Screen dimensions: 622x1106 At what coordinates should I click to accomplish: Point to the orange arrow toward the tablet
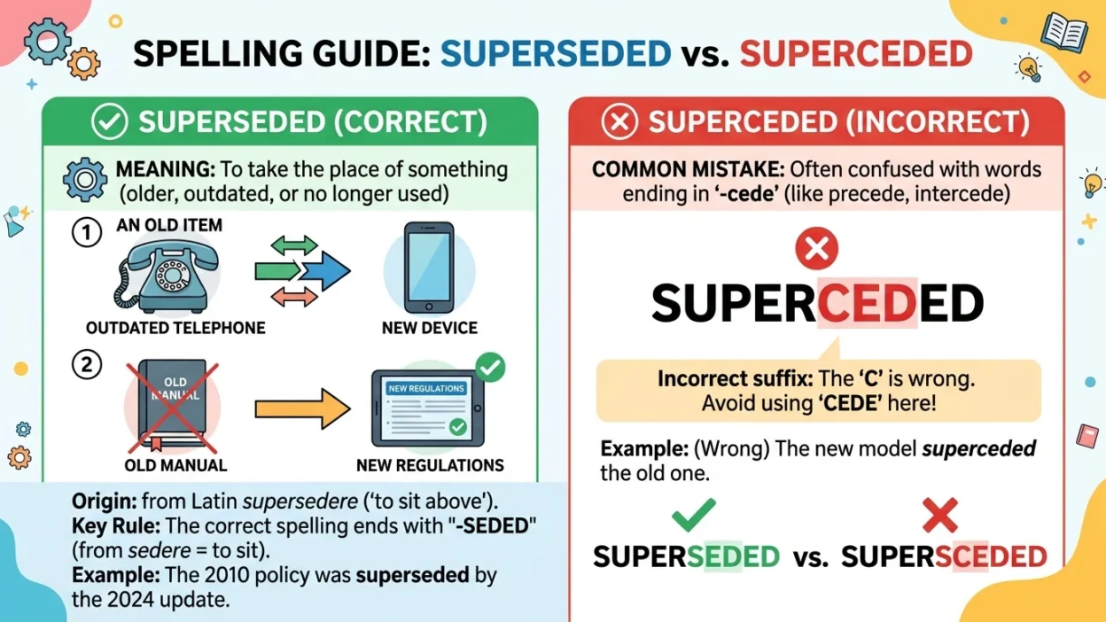(302, 408)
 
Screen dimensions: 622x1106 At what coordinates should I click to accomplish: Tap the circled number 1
(86, 234)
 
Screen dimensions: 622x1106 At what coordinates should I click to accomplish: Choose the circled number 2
(86, 364)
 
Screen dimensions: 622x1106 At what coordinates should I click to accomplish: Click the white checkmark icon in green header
(110, 122)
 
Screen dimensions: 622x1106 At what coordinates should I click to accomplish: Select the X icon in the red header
(619, 122)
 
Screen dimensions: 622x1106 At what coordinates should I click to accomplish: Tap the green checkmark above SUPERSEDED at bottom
(694, 515)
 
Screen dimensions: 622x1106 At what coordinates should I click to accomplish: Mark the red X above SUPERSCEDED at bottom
(940, 515)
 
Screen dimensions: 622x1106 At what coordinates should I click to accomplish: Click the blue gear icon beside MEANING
(85, 180)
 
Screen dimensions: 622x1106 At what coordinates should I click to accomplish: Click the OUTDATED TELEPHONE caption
(175, 328)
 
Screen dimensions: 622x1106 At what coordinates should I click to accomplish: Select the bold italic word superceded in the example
(978, 448)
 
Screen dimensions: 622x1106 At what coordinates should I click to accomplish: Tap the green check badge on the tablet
(490, 366)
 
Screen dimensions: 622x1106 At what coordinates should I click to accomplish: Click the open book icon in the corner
(1063, 32)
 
